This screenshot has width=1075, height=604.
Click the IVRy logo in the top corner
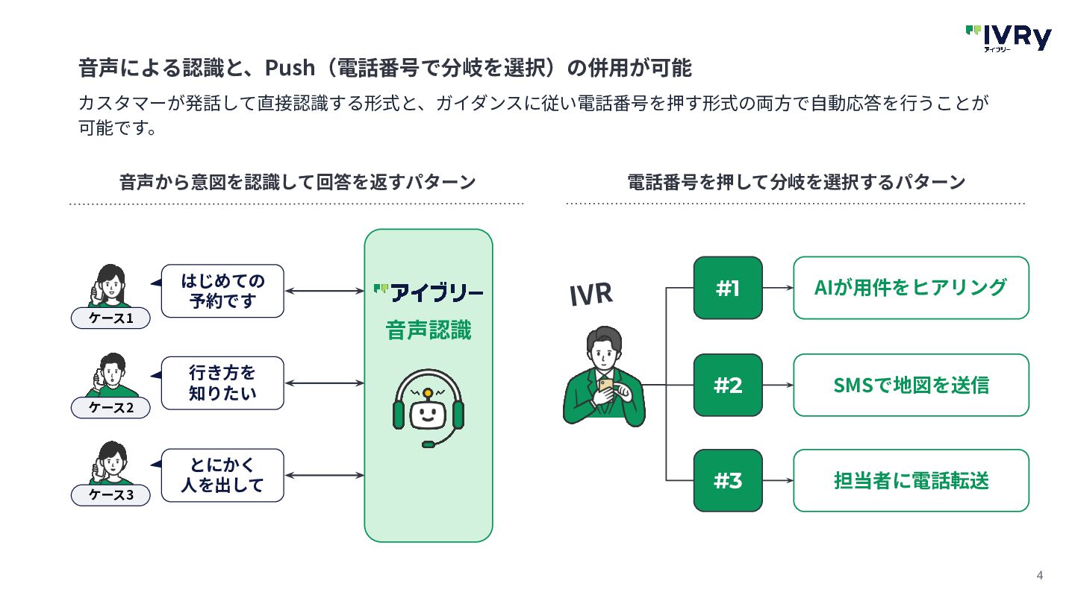1009,38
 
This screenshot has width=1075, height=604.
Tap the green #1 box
728,288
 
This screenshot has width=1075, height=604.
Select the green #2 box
728,385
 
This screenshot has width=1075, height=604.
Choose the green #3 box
728,480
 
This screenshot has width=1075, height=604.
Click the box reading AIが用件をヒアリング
911,288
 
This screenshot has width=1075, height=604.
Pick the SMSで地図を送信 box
911,385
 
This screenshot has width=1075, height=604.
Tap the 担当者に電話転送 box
911,480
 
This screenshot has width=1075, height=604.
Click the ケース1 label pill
110,318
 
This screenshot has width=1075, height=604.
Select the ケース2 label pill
110,407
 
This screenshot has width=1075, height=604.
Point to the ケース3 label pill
110,494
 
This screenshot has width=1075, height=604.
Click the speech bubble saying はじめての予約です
222,291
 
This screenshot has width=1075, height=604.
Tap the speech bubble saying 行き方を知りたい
222,383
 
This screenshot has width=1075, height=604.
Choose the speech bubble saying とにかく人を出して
222,475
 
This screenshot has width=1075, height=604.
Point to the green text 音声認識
428,330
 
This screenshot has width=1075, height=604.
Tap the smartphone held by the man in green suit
605,386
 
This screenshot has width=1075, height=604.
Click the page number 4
1039,575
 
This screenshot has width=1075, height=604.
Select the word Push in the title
290,68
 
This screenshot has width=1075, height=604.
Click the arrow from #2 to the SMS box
778,385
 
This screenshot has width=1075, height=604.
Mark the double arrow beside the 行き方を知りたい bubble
325,383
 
